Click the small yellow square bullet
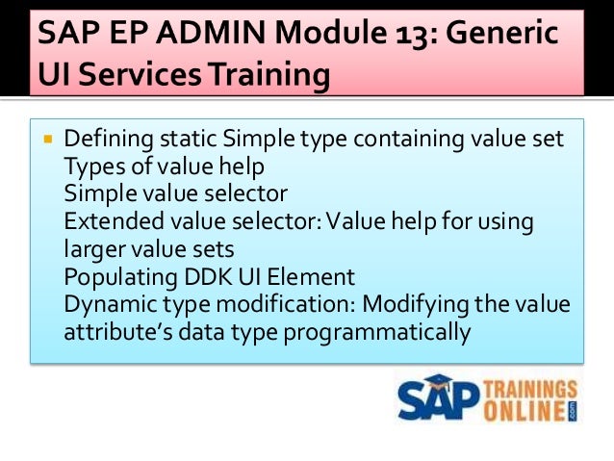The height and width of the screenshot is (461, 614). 47,140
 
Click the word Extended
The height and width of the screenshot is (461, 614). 113,222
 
